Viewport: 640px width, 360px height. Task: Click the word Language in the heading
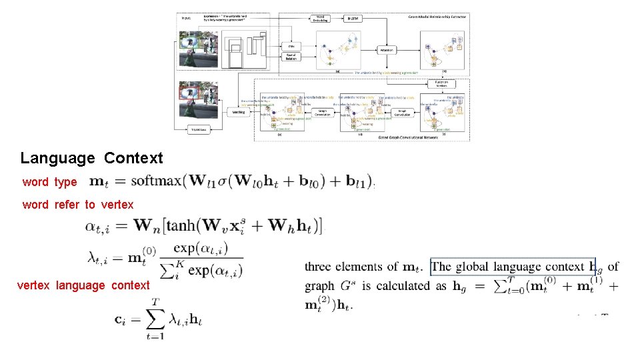point(57,159)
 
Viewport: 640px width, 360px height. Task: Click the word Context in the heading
point(133,159)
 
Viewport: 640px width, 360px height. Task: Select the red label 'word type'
point(49,182)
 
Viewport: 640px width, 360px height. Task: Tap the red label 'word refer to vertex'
point(77,205)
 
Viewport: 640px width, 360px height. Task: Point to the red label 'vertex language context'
point(83,285)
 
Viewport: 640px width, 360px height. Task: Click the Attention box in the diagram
point(387,50)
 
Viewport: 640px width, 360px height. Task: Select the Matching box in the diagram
point(238,112)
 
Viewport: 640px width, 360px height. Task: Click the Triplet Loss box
point(198,129)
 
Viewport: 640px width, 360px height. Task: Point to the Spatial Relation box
point(291,57)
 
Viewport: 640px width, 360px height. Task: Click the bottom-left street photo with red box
point(198,100)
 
